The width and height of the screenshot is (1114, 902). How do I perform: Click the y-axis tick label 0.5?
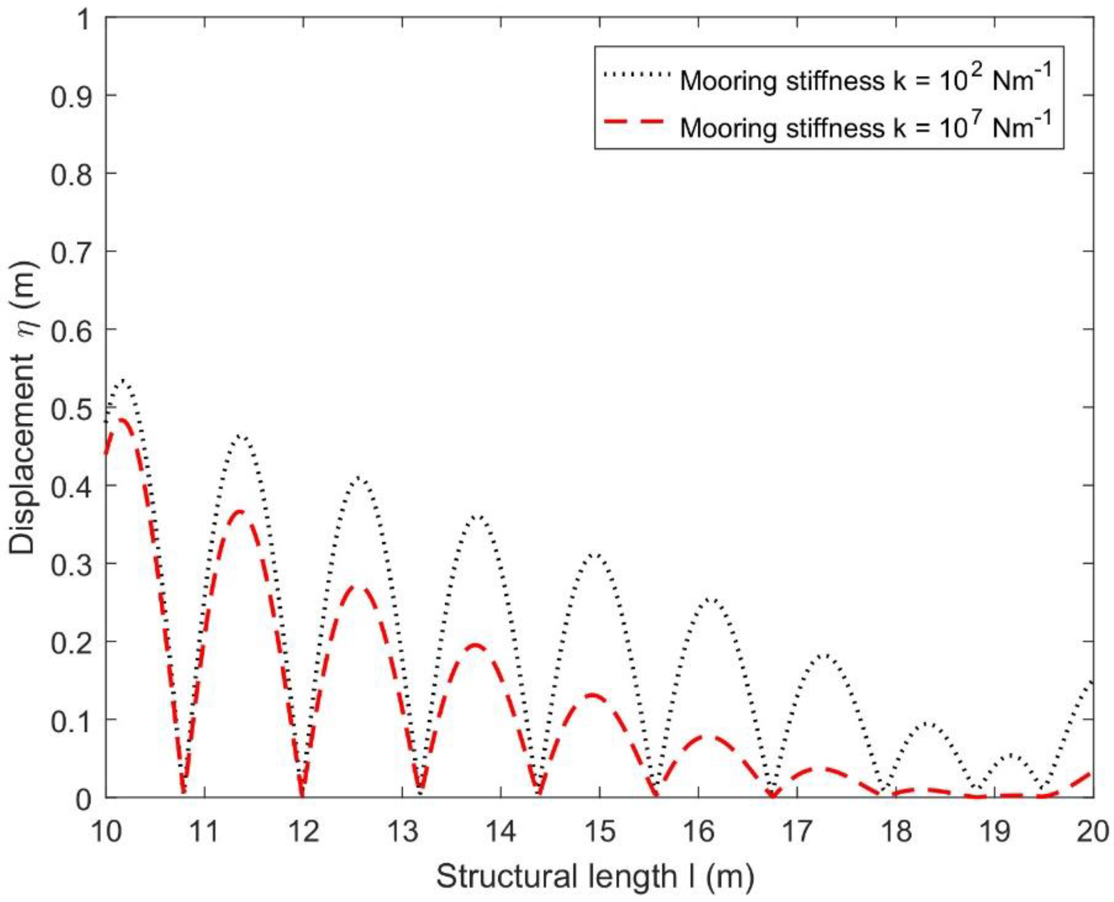coord(71,408)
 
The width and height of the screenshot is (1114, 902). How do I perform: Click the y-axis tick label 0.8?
coord(71,174)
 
